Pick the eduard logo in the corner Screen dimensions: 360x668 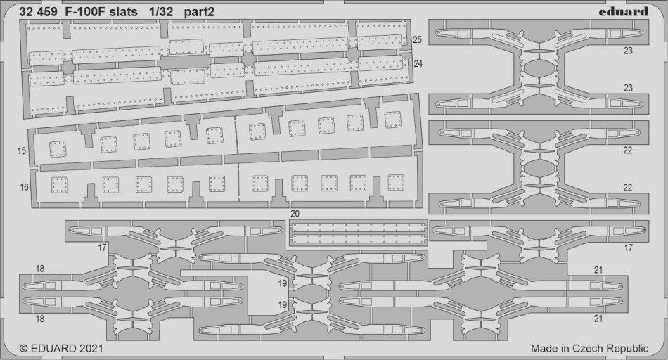(626, 11)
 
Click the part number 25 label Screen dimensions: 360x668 (418, 39)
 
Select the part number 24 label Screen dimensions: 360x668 (418, 63)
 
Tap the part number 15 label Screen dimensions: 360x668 (23, 150)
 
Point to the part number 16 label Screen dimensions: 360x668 (23, 187)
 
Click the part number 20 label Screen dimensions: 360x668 (295, 213)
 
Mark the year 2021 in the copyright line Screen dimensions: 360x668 (91, 348)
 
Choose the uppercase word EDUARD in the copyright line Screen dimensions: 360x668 (53, 348)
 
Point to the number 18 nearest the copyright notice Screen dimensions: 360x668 (39, 319)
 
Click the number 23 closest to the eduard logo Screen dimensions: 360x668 (628, 51)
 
